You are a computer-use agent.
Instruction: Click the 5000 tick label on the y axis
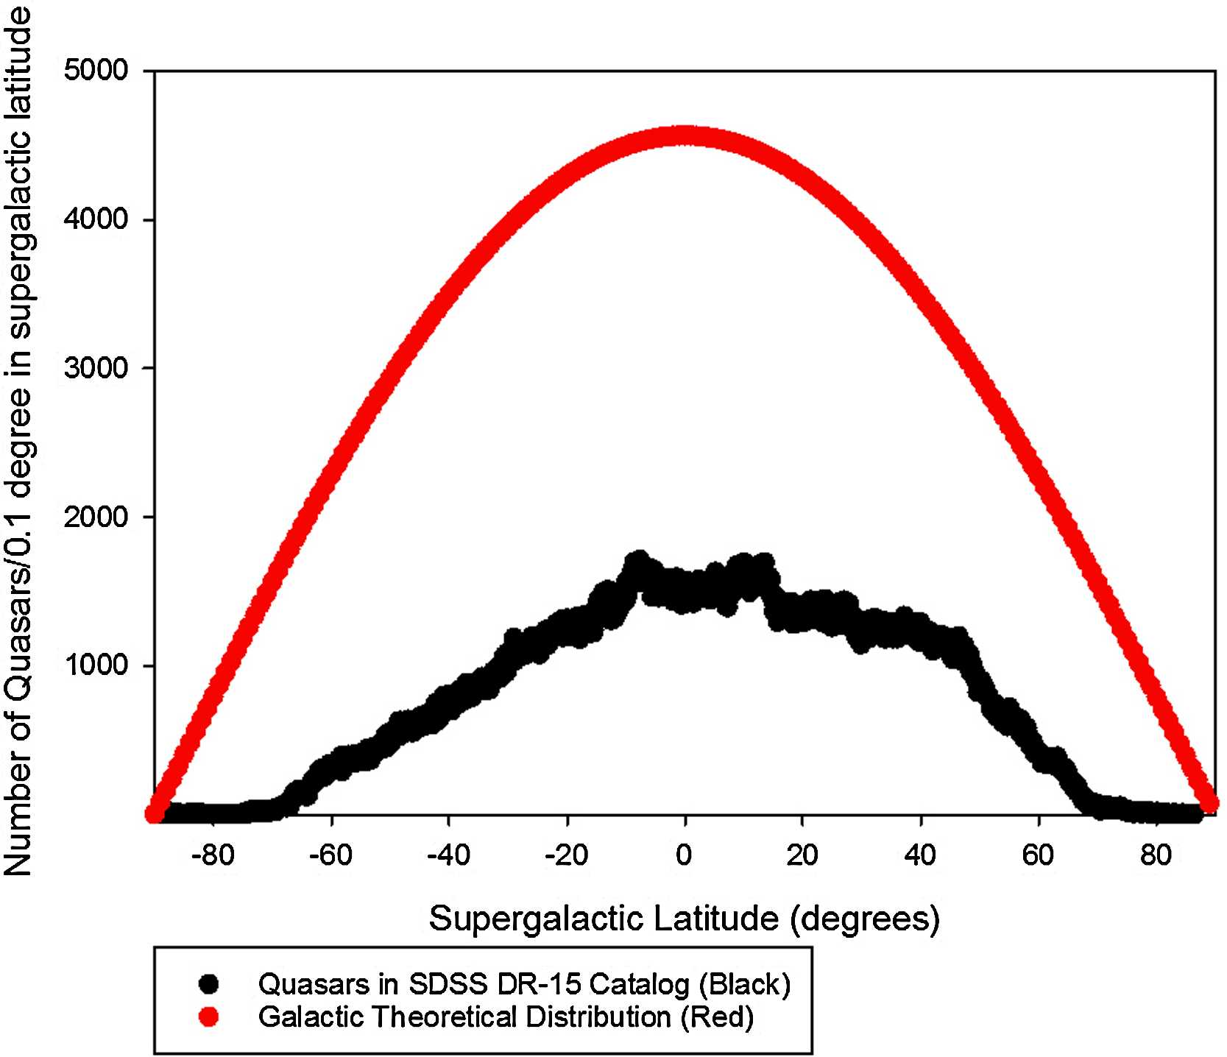(x=96, y=71)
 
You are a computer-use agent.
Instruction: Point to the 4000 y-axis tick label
(x=96, y=220)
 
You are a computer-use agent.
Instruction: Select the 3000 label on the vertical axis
(x=96, y=368)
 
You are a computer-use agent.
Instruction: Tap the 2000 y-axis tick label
(x=96, y=517)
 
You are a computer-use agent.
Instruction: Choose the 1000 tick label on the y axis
(x=96, y=666)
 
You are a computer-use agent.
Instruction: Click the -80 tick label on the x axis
(x=212, y=856)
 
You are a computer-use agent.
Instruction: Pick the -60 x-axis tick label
(x=330, y=856)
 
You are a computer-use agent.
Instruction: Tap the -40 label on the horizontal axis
(x=448, y=856)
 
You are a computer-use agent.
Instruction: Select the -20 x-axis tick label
(x=565, y=856)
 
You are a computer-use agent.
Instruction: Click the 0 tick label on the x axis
(x=685, y=856)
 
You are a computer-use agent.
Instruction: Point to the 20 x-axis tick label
(x=802, y=856)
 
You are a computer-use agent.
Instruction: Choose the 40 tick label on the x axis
(x=920, y=856)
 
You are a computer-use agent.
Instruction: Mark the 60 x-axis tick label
(x=1038, y=856)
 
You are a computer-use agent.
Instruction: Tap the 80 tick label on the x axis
(x=1156, y=856)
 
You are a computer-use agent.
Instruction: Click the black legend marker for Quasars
(x=210, y=983)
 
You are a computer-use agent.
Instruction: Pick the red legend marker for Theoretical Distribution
(x=210, y=1017)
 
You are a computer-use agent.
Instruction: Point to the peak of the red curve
(x=685, y=136)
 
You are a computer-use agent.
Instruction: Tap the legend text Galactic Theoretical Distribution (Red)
(x=506, y=1017)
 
